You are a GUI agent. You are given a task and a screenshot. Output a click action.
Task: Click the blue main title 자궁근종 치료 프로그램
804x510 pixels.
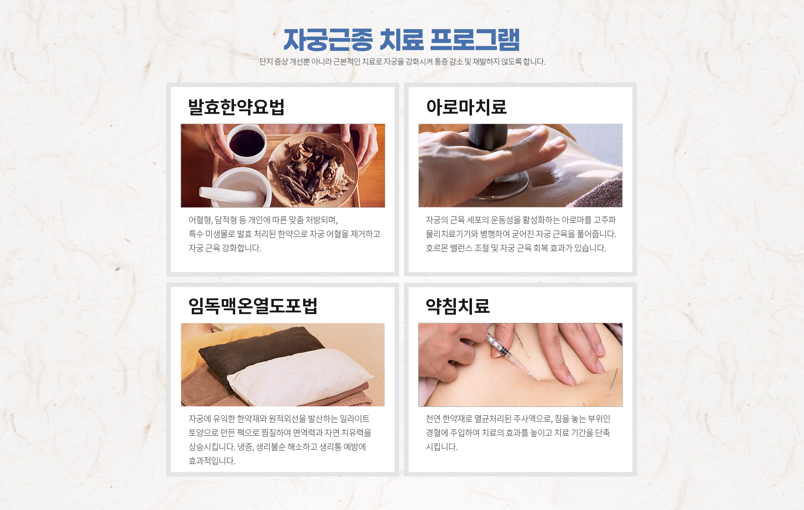click(x=402, y=40)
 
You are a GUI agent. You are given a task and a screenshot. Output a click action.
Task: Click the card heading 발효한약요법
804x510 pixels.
click(x=236, y=107)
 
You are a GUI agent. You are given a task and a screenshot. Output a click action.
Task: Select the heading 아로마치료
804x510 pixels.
click(x=466, y=107)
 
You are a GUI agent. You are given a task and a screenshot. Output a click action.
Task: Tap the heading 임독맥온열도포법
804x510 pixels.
click(x=253, y=306)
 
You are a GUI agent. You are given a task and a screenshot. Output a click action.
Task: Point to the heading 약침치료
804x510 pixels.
click(x=458, y=306)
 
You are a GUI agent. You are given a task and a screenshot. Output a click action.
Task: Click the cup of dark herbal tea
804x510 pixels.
click(x=246, y=143)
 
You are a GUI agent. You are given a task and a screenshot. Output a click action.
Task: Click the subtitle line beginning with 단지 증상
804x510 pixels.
click(x=402, y=61)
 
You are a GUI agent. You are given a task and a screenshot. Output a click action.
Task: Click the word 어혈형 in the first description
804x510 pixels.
click(x=200, y=220)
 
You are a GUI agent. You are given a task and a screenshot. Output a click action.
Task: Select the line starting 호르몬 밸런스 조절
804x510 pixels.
click(x=516, y=248)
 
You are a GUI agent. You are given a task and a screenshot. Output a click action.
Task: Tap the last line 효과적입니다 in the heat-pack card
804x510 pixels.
click(x=212, y=461)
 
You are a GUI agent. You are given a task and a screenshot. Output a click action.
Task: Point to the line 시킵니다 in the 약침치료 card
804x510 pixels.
click(x=441, y=447)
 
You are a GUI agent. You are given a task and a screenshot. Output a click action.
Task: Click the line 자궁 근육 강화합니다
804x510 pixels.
click(x=225, y=248)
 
